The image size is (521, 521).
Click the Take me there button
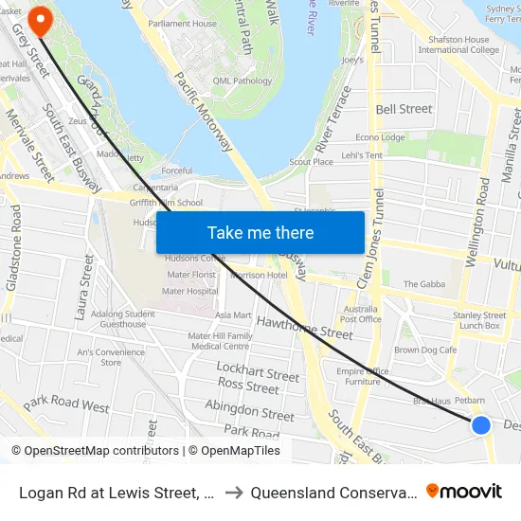pos(260,232)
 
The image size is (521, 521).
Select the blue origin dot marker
pos(481,424)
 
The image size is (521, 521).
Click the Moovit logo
pos(464,491)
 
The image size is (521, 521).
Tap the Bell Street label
pos(404,109)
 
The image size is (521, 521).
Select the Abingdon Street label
pos(250,413)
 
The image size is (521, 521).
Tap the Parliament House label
pos(183,24)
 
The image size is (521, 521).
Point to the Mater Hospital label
pos(189,292)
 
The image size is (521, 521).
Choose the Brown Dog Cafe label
pos(425,350)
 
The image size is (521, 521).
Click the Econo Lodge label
pos(380,137)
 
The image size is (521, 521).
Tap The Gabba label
pos(423,284)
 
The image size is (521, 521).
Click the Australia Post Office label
pos(361,314)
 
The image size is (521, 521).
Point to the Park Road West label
pos(66,404)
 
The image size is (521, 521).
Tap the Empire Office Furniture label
pos(362,376)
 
